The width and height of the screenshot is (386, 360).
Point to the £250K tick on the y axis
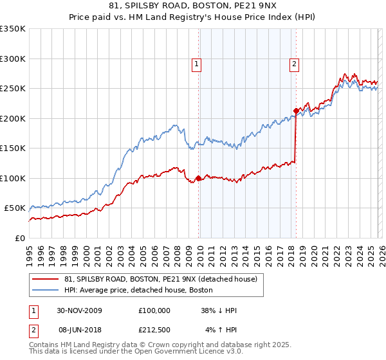click(13, 88)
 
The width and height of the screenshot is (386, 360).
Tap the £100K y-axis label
click(13, 178)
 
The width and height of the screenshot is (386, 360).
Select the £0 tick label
click(19, 238)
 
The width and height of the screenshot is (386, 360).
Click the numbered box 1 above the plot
click(196, 64)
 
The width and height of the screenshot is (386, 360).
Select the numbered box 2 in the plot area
click(293, 64)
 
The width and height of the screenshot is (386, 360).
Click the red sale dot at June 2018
click(295, 111)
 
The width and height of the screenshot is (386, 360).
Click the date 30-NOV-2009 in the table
click(76, 310)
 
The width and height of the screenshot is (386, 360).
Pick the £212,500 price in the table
click(154, 328)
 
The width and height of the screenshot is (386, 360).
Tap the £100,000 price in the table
click(154, 310)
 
